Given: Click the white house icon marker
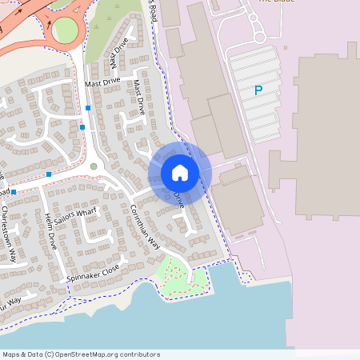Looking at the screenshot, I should point(179,173).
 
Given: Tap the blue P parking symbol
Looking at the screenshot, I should point(258,91).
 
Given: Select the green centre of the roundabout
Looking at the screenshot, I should point(66,30).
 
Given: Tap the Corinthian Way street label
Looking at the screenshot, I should point(145,226).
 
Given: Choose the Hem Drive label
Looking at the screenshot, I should point(51,233).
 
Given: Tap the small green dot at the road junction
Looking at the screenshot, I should point(94,166).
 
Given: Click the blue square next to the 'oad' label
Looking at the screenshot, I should point(14,192).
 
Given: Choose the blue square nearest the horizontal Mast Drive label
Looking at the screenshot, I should point(87,107).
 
